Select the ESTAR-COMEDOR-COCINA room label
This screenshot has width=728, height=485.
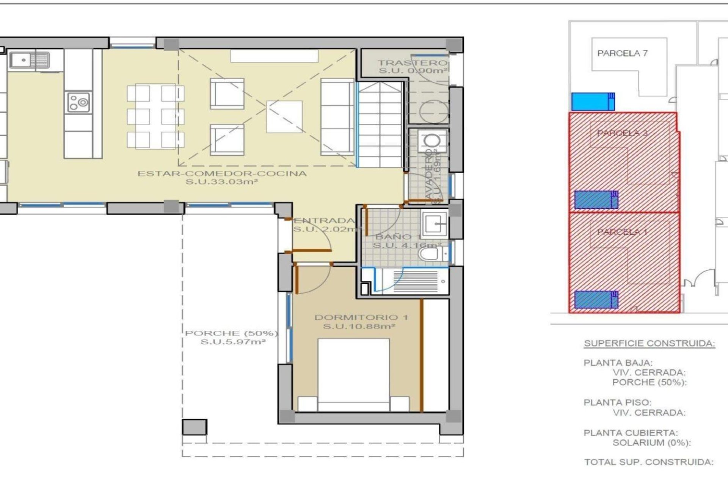222,174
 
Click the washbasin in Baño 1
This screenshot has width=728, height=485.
435,224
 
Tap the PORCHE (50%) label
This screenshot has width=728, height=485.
231,333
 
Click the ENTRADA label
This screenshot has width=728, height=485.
324,221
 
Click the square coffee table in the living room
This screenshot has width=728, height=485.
284,117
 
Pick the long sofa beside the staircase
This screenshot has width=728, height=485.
337,117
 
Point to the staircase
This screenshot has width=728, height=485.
380,125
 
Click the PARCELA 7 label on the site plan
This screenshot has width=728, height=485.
622,53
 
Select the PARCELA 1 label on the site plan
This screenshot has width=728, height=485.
622,232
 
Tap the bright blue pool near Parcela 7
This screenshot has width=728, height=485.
593,102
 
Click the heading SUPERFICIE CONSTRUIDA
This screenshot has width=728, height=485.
649,344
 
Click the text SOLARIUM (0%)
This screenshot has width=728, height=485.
651,443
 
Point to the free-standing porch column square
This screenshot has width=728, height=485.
195,427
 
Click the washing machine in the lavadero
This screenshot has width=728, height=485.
433,141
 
